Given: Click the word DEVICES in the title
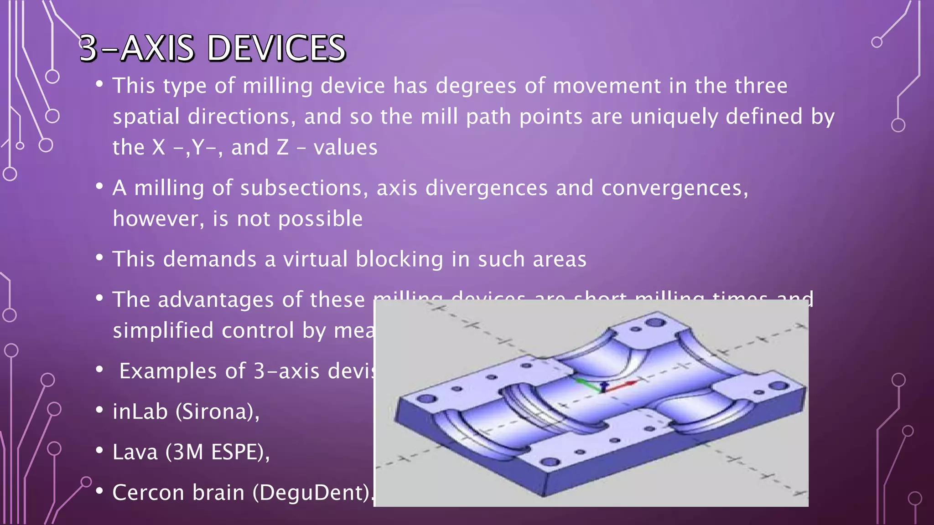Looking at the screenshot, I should click(x=276, y=48).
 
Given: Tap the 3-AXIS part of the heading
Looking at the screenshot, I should click(x=137, y=48).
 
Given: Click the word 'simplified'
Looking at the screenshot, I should click(x=163, y=330).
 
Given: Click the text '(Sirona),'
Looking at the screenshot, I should click(x=218, y=412).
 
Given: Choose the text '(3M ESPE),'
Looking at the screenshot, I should click(x=218, y=453).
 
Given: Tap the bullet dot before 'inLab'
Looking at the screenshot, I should click(x=99, y=410).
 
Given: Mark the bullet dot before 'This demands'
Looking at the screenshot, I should click(x=99, y=257).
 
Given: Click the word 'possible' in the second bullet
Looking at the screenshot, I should click(x=321, y=219).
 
